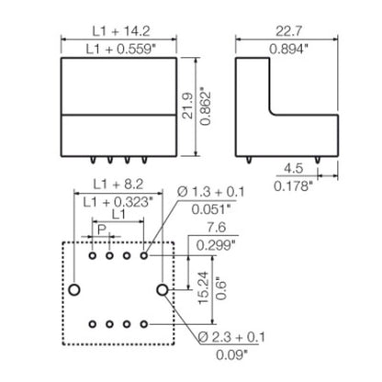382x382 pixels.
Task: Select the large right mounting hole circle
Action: tap(163, 290)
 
